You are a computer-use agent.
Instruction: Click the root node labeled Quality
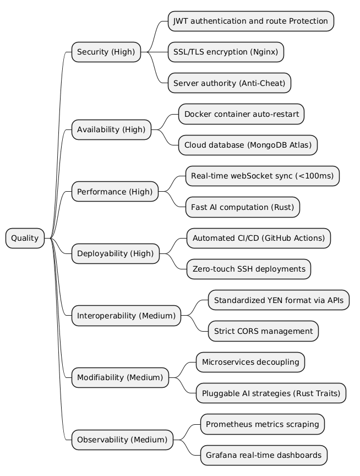(x=25, y=238)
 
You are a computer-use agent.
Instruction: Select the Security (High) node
(x=106, y=52)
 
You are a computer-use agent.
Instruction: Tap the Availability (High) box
(x=111, y=129)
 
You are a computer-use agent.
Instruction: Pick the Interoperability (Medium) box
(x=126, y=316)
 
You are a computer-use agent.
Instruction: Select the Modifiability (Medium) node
(x=120, y=377)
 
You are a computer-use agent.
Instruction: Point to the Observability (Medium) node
(x=122, y=440)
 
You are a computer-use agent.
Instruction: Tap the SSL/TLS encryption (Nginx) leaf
(x=226, y=52)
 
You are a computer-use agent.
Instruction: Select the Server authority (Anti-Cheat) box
(x=229, y=83)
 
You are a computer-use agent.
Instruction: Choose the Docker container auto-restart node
(x=241, y=114)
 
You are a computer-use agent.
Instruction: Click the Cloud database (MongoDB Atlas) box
(x=248, y=145)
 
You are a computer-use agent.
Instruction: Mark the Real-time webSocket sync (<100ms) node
(x=263, y=176)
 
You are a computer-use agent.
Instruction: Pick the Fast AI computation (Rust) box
(x=243, y=207)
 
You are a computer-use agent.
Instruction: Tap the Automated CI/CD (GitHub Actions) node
(x=259, y=238)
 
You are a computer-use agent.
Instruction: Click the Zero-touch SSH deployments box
(x=249, y=269)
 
